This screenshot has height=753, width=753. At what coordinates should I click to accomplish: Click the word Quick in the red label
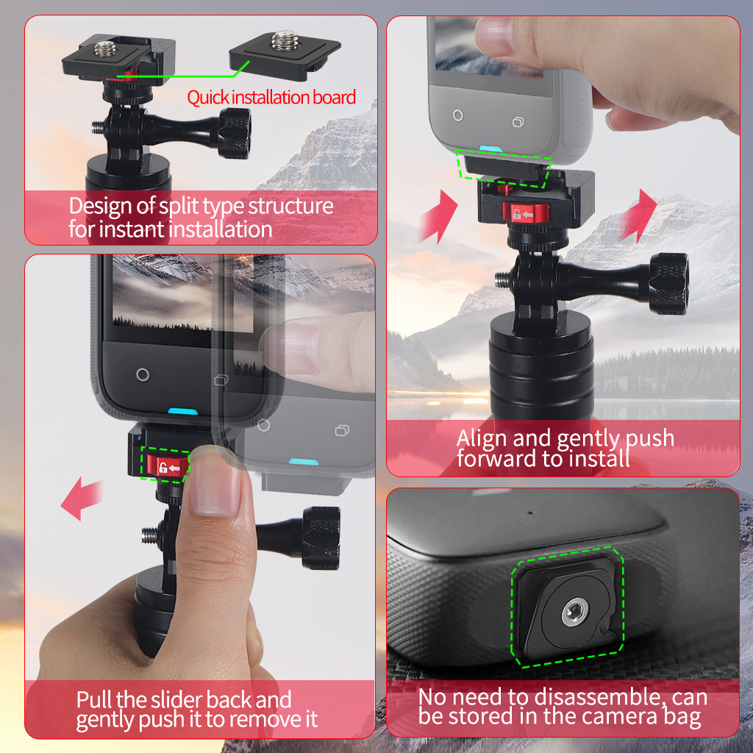click(x=208, y=98)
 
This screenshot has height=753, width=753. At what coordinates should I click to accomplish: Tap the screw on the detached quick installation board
click(x=285, y=40)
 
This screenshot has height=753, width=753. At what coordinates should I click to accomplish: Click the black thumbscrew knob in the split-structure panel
click(x=235, y=134)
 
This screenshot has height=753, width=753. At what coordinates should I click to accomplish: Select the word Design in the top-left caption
click(x=100, y=207)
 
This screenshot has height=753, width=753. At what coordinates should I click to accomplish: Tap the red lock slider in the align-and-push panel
click(x=525, y=213)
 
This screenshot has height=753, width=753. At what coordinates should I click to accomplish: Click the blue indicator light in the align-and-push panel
click(x=490, y=149)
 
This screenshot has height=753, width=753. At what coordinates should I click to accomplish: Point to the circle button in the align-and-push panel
click(x=458, y=115)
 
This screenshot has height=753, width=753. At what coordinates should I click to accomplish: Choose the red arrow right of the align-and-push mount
click(x=638, y=215)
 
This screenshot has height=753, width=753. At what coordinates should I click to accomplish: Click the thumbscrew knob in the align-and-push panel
click(x=668, y=284)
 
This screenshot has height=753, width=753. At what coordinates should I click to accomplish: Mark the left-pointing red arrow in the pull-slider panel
click(x=82, y=498)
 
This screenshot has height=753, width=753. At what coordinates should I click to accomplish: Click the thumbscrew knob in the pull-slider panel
click(x=321, y=538)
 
